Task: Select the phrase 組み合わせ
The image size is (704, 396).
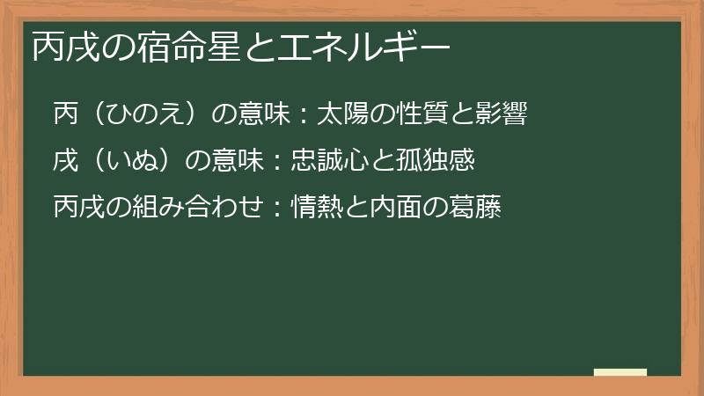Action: click(182, 209)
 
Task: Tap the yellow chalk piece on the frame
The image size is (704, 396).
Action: click(620, 372)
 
